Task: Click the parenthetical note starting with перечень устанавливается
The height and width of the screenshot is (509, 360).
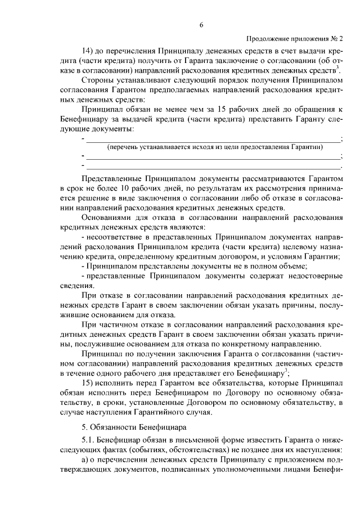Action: coord(215,147)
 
